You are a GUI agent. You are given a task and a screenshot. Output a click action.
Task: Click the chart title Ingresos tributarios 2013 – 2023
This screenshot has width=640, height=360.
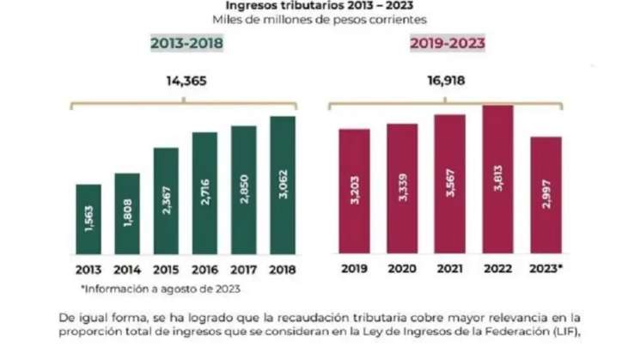pyautogui.click(x=320, y=5)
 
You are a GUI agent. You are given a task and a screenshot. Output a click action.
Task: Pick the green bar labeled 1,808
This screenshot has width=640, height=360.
pyautogui.click(x=126, y=215)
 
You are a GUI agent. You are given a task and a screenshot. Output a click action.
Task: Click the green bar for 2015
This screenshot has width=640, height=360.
pyautogui.click(x=166, y=202)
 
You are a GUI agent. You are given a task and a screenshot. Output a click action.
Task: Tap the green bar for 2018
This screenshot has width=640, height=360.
pyautogui.click(x=282, y=186)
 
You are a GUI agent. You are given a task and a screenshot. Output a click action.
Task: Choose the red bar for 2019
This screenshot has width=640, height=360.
pyautogui.click(x=354, y=192)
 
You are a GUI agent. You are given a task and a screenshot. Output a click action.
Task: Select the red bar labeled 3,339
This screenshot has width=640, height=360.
pyautogui.click(x=401, y=190)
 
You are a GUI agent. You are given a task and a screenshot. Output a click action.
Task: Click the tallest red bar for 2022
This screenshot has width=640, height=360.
pyautogui.click(x=497, y=180)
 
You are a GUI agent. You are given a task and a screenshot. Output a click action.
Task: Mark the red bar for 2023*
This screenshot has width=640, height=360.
pyautogui.click(x=546, y=197)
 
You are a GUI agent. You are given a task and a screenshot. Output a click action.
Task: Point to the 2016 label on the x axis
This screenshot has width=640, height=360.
pyautogui.click(x=205, y=270)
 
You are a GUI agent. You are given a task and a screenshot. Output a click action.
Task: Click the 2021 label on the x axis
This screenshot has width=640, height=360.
pyautogui.click(x=450, y=270)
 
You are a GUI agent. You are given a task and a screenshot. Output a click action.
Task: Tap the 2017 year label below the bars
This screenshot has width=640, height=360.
pyautogui.click(x=244, y=270)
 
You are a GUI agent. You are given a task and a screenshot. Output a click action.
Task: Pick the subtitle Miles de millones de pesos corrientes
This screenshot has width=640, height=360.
pyautogui.click(x=320, y=20)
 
